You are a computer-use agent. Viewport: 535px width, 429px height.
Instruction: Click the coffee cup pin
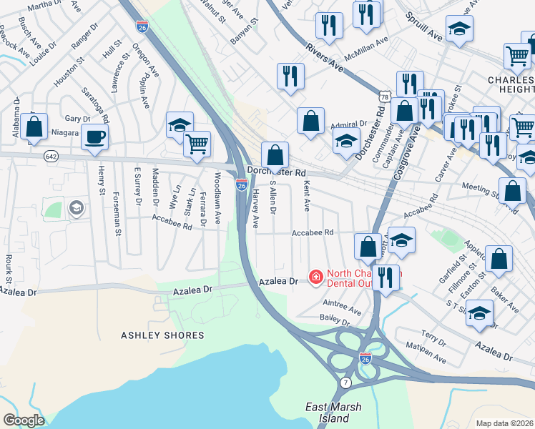pos(94,137)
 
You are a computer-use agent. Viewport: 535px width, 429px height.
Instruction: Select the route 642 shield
pos(50,155)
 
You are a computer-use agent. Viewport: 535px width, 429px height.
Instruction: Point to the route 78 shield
pos(384,95)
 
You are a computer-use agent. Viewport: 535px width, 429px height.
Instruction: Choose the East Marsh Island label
pos(333,413)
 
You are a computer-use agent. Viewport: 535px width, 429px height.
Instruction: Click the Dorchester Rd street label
pos(277,173)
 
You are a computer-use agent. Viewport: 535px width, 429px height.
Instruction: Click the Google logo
pos(24,420)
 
